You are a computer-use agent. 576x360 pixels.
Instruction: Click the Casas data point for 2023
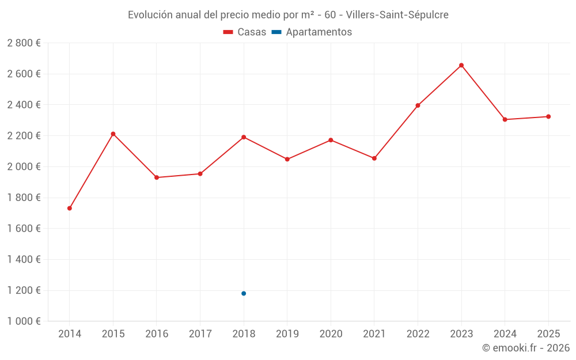click(461, 66)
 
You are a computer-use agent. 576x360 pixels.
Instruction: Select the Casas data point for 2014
click(70, 208)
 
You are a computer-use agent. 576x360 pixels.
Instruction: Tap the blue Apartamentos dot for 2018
click(244, 294)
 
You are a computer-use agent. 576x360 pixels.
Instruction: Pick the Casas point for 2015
click(113, 134)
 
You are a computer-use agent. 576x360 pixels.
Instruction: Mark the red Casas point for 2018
click(244, 137)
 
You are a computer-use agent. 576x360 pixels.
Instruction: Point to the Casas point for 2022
click(418, 105)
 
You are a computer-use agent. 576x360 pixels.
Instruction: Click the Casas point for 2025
click(548, 116)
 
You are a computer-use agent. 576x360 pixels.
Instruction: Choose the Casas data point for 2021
click(374, 158)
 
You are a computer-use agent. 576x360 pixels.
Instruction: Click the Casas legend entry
click(245, 32)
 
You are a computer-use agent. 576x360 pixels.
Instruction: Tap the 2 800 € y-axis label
click(24, 43)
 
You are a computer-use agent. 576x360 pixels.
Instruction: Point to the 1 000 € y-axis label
click(24, 321)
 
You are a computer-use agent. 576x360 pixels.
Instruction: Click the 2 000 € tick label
click(24, 167)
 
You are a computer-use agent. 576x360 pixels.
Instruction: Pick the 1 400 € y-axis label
click(24, 260)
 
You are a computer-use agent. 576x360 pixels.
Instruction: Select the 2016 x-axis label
click(157, 334)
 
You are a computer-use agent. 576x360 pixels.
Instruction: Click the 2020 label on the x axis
click(331, 334)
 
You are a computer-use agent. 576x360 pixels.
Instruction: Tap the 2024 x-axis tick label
click(505, 334)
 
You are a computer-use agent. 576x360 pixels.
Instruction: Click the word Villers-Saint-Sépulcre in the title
click(397, 15)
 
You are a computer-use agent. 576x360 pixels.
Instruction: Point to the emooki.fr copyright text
click(526, 348)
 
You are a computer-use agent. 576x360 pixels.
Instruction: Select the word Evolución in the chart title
click(151, 15)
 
